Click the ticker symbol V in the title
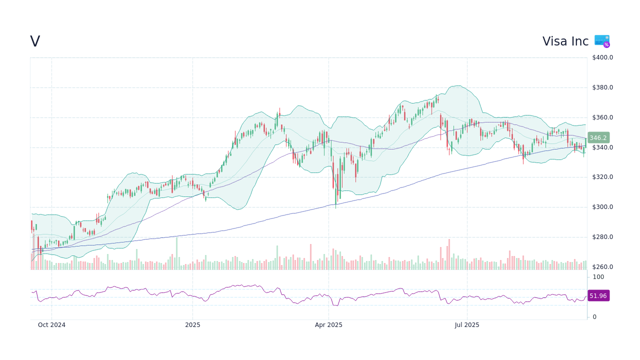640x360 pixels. tap(35, 41)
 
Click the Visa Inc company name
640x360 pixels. tap(565, 41)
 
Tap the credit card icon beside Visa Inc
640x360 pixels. tap(601, 41)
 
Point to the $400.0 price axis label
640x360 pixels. tap(602, 57)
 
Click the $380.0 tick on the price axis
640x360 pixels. tap(602, 87)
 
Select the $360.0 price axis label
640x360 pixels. tap(602, 117)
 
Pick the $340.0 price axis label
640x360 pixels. tap(602, 147)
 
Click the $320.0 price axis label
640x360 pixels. tap(602, 177)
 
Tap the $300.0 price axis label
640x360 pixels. tap(602, 207)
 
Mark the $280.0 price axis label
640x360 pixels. tap(602, 237)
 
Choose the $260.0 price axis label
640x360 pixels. tap(602, 267)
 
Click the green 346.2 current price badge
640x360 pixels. tap(598, 138)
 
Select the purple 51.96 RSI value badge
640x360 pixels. tap(598, 296)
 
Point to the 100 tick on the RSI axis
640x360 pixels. tap(598, 277)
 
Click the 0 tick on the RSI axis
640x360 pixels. tap(594, 317)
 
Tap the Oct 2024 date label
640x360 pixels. tap(51, 325)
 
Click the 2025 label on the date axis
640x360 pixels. tap(192, 325)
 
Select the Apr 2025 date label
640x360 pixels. tap(328, 325)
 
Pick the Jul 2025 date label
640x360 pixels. tap(467, 325)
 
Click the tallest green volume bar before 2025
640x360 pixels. tap(176, 254)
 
